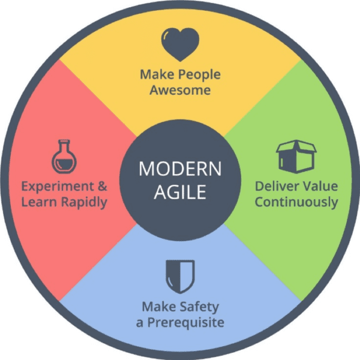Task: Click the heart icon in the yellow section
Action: click(180, 44)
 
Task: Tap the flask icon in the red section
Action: click(64, 157)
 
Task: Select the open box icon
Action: click(296, 157)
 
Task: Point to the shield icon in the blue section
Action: click(180, 277)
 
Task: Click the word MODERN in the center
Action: click(180, 169)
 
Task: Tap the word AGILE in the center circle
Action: click(180, 192)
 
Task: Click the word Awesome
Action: click(180, 90)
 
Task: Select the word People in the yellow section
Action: click(199, 75)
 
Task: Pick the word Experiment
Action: click(58, 187)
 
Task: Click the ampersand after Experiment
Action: click(103, 186)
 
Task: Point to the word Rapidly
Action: click(84, 203)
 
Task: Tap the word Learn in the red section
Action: click(39, 202)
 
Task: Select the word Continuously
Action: click(296, 203)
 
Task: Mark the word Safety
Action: click(199, 307)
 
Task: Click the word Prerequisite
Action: click(185, 323)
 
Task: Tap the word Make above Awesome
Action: click(157, 74)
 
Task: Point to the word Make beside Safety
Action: click(159, 307)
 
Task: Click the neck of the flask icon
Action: click(64, 146)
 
